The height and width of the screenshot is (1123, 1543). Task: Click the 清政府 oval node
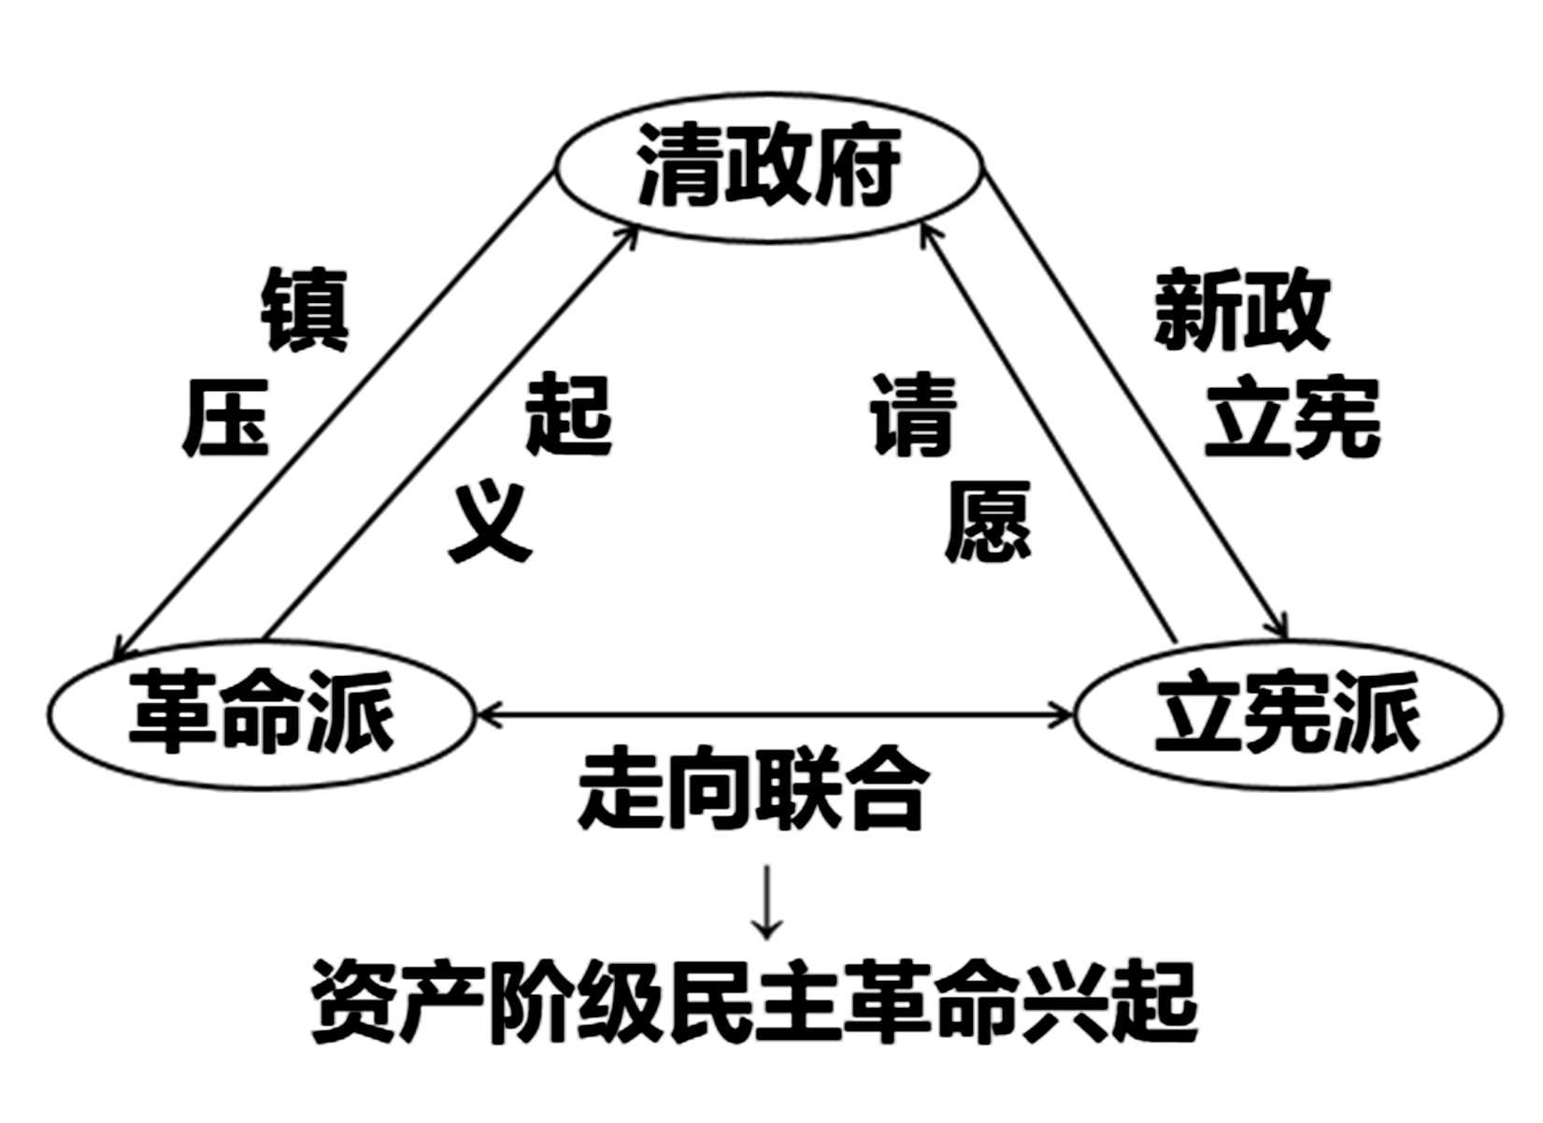[768, 168]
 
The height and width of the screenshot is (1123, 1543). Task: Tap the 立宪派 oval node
[1288, 713]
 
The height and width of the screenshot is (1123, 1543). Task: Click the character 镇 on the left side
[304, 310]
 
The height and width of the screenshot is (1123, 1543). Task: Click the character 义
[490, 524]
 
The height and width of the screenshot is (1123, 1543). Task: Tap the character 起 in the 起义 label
[568, 415]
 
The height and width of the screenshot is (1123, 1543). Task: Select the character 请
[914, 415]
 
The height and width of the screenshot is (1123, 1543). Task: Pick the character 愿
[987, 522]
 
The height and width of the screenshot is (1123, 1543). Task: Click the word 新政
[1241, 310]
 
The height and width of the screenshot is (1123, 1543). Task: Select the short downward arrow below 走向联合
[767, 902]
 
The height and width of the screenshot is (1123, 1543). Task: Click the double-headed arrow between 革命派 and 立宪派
[776, 716]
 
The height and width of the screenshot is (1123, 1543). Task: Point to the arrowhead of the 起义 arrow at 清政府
[632, 230]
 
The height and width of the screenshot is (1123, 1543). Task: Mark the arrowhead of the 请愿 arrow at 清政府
[925, 230]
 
